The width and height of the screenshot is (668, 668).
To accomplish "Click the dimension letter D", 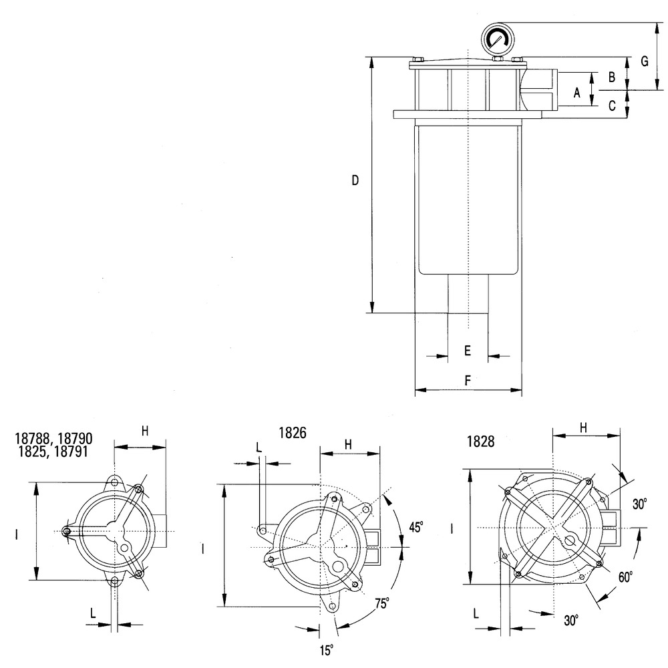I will (x=355, y=180).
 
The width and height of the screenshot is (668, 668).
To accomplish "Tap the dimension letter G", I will (x=645, y=61).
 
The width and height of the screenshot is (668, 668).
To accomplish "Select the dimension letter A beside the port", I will (x=578, y=92).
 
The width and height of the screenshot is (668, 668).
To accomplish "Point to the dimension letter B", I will (x=611, y=77).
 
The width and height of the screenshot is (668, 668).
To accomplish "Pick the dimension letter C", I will (x=611, y=105).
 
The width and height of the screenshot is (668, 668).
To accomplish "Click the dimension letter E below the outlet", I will (x=468, y=350).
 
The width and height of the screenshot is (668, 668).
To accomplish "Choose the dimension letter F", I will (x=468, y=380).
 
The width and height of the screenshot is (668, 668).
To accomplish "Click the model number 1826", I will (x=292, y=432).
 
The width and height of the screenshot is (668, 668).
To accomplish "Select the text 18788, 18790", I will (x=53, y=439).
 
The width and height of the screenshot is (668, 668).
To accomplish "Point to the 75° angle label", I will (x=382, y=604).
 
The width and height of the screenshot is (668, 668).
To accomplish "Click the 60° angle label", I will (x=625, y=576).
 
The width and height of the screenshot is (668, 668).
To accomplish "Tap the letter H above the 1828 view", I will (x=583, y=426).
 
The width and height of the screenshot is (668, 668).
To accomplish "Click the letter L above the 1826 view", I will (x=259, y=448).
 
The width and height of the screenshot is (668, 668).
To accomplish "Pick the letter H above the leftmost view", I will (x=145, y=432).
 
